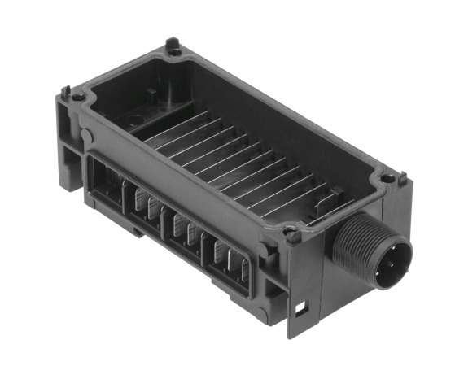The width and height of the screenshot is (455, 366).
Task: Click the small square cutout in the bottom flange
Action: pyautogui.click(x=301, y=307)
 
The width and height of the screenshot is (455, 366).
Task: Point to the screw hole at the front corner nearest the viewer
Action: pyautogui.click(x=291, y=237)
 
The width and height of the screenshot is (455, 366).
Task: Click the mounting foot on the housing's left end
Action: pyautogui.click(x=66, y=155)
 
